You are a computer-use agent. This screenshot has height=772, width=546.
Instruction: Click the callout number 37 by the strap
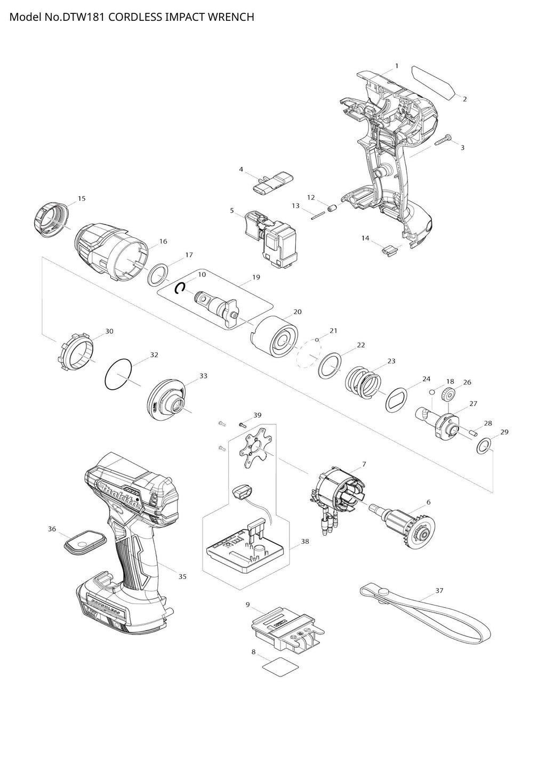point(439,591)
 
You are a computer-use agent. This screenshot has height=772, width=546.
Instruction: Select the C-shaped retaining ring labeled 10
point(181,288)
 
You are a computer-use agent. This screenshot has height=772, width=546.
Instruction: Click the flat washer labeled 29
point(484,446)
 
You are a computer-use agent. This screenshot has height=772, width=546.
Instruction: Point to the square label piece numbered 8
point(280,665)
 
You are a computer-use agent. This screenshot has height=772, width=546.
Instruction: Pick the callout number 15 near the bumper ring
point(82,198)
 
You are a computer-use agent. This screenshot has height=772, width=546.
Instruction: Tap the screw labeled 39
point(242,424)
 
